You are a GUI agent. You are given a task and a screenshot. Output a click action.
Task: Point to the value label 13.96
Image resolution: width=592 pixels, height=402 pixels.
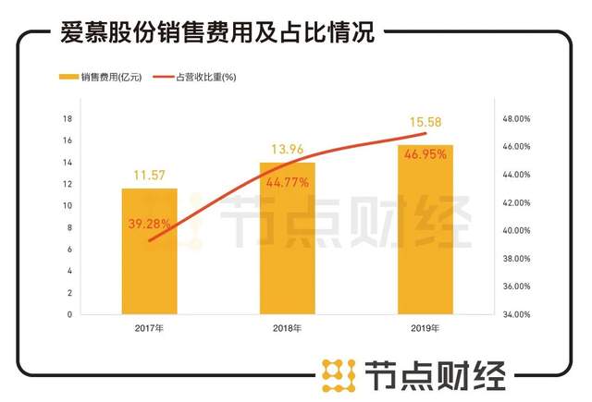coord(287,149)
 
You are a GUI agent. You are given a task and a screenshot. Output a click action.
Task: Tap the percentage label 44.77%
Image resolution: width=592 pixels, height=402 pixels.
coord(287,182)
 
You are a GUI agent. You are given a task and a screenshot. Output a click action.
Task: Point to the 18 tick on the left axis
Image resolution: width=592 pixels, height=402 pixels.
coord(67,119)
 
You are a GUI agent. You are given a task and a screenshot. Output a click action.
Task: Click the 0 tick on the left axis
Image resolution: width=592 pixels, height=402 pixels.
coord(69,314)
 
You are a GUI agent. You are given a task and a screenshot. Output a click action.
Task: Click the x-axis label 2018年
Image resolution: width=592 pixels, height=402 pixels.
coord(287,327)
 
